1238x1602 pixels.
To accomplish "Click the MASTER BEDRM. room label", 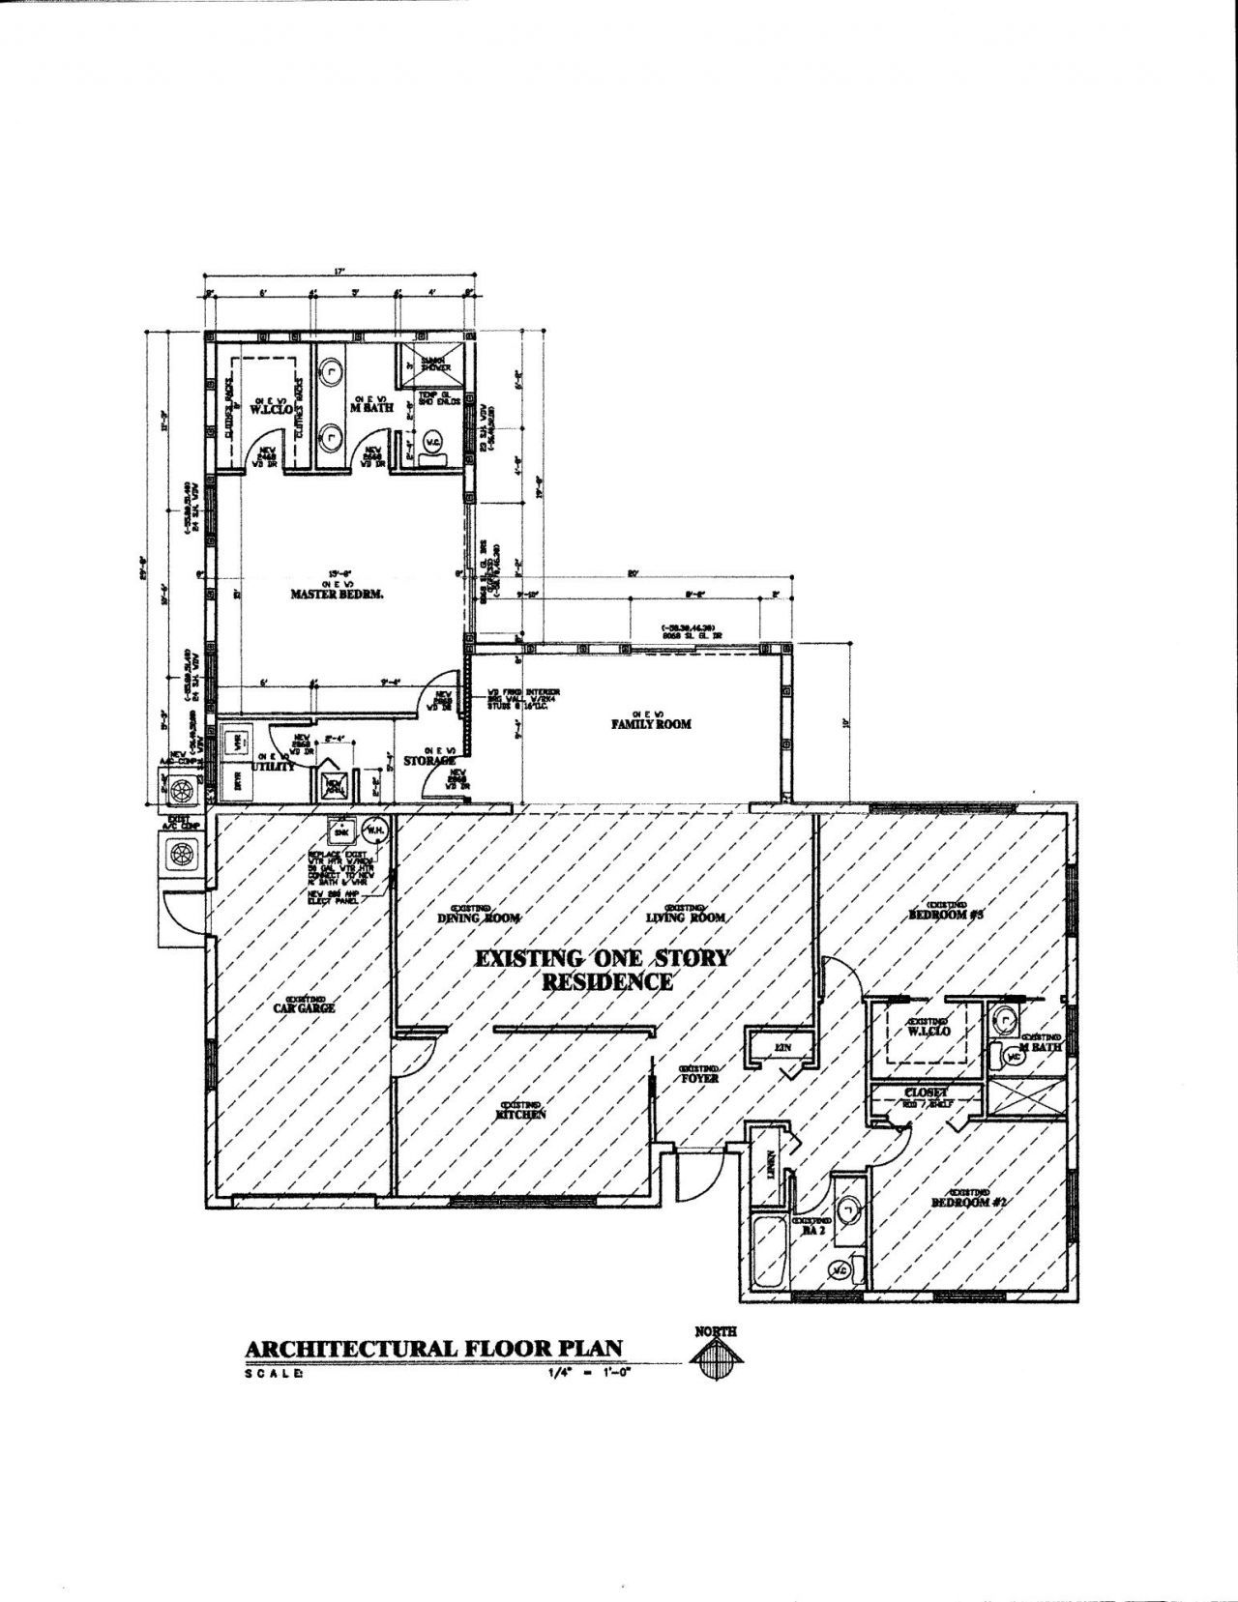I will point(338,595).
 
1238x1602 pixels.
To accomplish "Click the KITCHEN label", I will point(522,1115).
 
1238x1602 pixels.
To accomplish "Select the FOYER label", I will point(698,1077).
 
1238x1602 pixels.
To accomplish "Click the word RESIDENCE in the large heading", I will point(606,982).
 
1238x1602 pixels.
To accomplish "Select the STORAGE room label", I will point(430,761).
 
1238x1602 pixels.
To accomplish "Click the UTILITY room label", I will point(274,767).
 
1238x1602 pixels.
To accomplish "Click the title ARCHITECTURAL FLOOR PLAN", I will point(433,1349).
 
